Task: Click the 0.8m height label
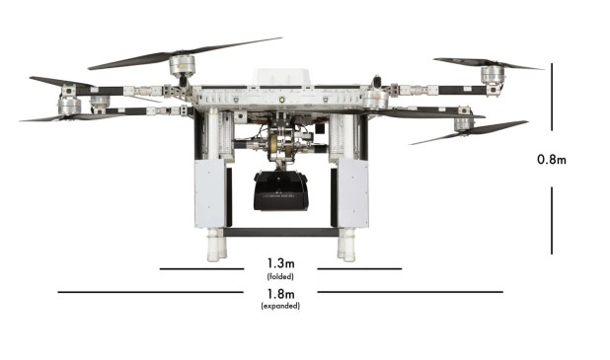coord(551,160)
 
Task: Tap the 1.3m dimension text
coord(280,263)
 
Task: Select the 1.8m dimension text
coord(280,294)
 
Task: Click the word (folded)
coord(280,277)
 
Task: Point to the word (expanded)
coord(280,306)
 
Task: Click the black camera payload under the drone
coord(281,191)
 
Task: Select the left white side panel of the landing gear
coord(209,193)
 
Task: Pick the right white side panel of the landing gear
coord(352,193)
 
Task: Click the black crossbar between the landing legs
coord(281,233)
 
